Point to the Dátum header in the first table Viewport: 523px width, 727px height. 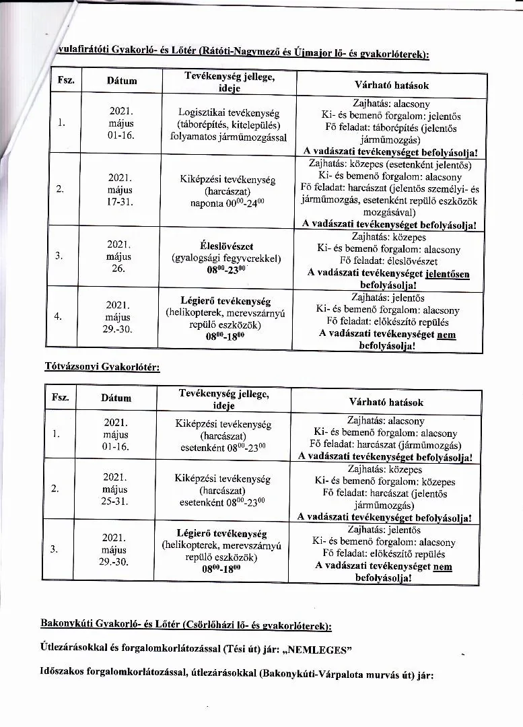pos(122,81)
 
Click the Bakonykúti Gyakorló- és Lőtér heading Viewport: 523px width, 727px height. pos(186,625)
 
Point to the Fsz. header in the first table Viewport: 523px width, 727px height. pos(66,81)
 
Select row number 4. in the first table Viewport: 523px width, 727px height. pos(61,316)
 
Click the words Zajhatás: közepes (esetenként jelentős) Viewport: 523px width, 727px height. pos(390,164)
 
